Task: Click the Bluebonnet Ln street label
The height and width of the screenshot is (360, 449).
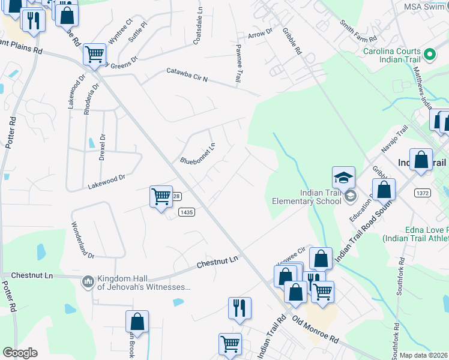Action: [x=198, y=154]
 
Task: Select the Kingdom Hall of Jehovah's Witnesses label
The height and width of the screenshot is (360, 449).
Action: [x=143, y=282]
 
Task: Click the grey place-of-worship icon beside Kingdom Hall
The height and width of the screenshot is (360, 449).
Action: [x=88, y=281]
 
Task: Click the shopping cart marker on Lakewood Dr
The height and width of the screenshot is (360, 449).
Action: [x=160, y=196]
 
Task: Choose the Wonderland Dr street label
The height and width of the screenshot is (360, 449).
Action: [x=83, y=241]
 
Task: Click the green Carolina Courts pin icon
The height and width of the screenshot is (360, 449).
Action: [x=429, y=56]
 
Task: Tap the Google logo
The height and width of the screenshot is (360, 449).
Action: [x=20, y=353]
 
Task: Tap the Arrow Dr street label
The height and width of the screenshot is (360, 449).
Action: [x=260, y=33]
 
